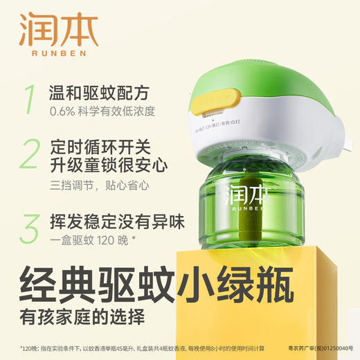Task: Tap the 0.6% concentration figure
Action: click(x=62, y=112)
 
